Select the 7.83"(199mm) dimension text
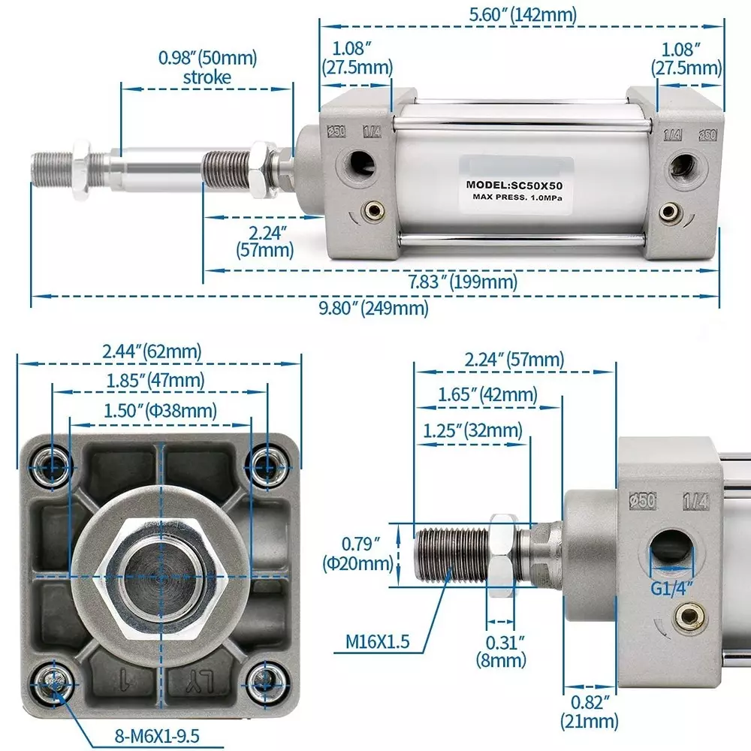click(463, 282)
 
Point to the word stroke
click(207, 77)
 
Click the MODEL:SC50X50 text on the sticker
click(514, 184)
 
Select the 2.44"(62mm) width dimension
click(152, 351)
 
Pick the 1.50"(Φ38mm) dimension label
click(159, 411)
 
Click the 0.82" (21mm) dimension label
click(590, 713)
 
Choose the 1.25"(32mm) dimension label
click(472, 430)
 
